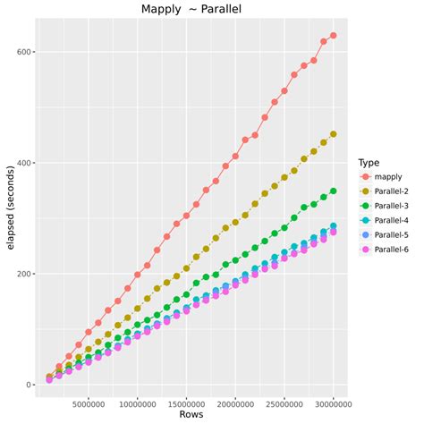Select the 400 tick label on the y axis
click(x=23, y=163)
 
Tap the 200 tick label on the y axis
click(x=23, y=274)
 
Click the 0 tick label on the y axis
click(x=29, y=385)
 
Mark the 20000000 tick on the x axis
click(x=235, y=402)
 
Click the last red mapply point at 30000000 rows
click(x=333, y=36)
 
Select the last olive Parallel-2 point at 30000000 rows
click(x=333, y=134)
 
